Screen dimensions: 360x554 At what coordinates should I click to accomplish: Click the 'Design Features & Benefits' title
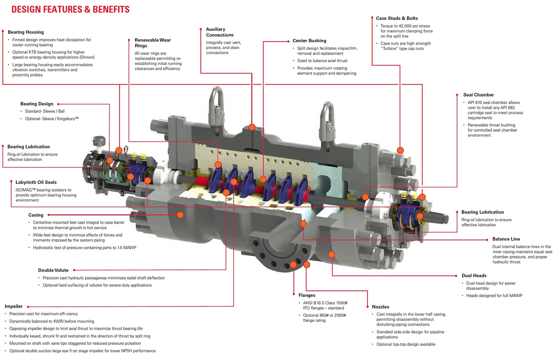tap(70, 10)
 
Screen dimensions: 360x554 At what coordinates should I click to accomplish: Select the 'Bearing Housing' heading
tap(26, 32)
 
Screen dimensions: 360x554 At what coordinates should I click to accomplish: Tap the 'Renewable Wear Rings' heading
tap(153, 43)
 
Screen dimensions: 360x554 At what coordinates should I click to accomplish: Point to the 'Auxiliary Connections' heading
tap(219, 32)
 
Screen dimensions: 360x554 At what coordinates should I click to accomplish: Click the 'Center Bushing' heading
tap(309, 41)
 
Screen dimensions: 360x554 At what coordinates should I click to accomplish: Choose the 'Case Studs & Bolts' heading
tap(397, 18)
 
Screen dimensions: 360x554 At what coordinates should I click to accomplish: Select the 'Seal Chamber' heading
tap(478, 95)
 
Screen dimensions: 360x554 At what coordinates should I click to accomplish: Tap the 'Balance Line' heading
tap(506, 239)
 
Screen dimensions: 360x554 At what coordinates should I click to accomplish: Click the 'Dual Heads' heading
tap(474, 275)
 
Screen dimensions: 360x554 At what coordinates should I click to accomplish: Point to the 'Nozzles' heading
tap(380, 307)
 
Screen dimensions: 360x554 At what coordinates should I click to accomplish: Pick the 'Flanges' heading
tap(307, 295)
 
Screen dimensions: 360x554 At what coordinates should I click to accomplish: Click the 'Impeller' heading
tap(14, 306)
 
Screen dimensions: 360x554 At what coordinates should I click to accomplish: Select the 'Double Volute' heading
tap(53, 270)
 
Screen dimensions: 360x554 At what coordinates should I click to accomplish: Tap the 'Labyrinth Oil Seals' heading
tap(36, 182)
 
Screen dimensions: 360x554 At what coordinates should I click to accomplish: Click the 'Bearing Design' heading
tap(37, 104)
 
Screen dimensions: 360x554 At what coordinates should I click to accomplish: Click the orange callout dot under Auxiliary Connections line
tap(252, 127)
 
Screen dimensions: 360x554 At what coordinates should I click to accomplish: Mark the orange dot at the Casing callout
tap(180, 215)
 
